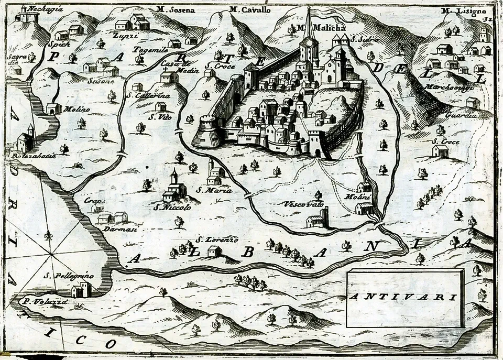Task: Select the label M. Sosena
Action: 176,9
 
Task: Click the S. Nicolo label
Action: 172,206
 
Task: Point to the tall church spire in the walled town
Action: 310,26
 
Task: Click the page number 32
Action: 489,18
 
